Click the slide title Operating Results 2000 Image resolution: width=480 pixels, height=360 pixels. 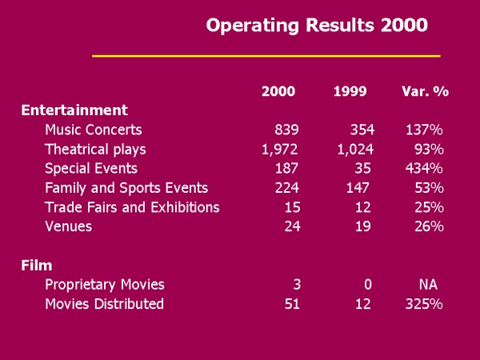(x=317, y=25)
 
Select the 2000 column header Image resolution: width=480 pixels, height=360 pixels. (x=278, y=91)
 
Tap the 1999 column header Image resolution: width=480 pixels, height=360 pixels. (x=350, y=91)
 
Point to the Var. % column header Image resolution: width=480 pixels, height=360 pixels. (x=425, y=91)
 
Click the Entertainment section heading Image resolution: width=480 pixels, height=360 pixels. (x=74, y=110)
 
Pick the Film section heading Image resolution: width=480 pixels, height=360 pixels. (x=36, y=265)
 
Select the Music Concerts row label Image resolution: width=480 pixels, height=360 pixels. (x=94, y=130)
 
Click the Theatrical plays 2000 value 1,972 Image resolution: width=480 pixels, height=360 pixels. (x=280, y=149)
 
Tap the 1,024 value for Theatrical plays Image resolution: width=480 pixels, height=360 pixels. (x=351, y=149)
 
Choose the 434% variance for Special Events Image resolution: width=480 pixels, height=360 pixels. (x=424, y=168)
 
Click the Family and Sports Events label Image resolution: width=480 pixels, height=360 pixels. (x=126, y=188)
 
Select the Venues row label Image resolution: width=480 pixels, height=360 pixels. (x=69, y=226)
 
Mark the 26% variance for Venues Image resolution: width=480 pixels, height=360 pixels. (x=428, y=226)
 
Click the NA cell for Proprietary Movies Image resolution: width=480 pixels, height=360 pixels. (x=428, y=284)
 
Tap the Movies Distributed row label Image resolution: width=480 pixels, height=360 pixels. (x=104, y=303)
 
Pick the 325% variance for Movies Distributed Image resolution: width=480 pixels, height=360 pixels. (x=424, y=303)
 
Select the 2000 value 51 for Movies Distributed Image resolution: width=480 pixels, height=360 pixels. (x=290, y=303)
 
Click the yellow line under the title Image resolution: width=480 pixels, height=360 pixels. (x=266, y=56)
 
